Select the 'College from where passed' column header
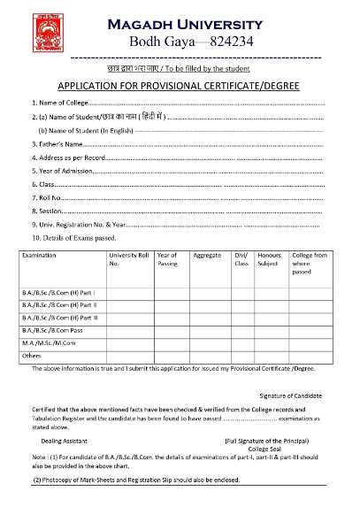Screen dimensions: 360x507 (308, 264)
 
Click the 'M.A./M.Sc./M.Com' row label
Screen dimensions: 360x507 (52, 341)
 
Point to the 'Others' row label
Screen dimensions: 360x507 (32, 355)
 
